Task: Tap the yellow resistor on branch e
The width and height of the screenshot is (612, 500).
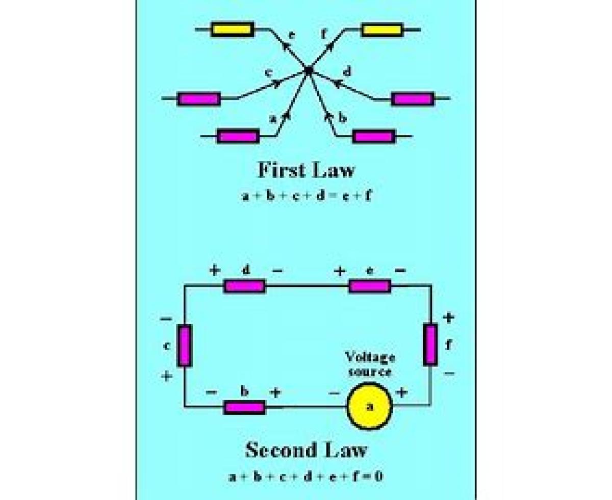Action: tap(233, 30)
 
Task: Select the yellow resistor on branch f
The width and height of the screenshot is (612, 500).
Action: tap(381, 30)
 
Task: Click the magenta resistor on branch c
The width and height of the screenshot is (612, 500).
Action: tap(199, 98)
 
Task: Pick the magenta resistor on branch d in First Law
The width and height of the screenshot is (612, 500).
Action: tap(413, 98)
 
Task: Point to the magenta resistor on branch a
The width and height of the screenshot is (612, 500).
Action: tap(238, 137)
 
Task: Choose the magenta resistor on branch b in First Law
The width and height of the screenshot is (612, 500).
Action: tap(374, 137)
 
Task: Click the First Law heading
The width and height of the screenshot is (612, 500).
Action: tap(305, 170)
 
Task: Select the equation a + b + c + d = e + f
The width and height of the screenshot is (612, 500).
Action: tap(305, 195)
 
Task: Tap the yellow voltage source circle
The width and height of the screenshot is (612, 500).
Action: tap(370, 406)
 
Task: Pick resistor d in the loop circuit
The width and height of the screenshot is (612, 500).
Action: tap(245, 286)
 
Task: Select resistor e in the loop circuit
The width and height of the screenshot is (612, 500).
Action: tap(370, 286)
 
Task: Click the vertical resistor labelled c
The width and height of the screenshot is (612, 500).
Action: tap(185, 346)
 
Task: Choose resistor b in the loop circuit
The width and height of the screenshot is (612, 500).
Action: tap(245, 407)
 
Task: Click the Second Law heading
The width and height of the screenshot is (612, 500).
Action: tap(305, 450)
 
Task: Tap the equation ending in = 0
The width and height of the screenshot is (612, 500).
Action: tap(305, 477)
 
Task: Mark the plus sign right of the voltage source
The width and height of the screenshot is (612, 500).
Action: tap(402, 392)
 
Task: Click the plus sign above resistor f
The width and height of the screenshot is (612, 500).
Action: tap(448, 318)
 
